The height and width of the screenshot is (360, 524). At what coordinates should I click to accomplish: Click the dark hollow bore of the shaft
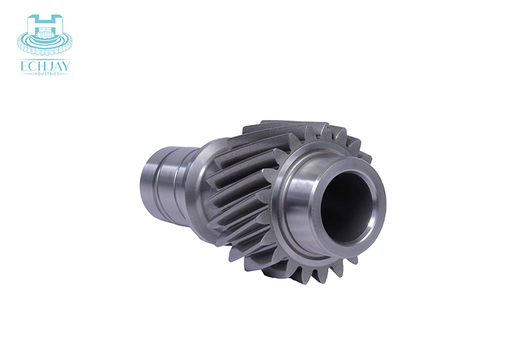click(x=346, y=207)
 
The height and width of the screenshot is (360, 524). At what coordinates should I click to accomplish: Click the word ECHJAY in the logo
click(x=45, y=67)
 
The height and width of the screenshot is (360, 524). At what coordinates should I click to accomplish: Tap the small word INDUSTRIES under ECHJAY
click(x=45, y=73)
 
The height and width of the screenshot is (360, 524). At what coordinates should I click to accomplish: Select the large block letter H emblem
click(x=45, y=24)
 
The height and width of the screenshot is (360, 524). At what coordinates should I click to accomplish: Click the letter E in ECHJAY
click(x=24, y=67)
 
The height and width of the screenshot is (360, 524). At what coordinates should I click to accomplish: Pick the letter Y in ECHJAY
click(x=66, y=67)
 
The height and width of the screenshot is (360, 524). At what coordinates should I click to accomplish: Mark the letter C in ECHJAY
click(x=32, y=67)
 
